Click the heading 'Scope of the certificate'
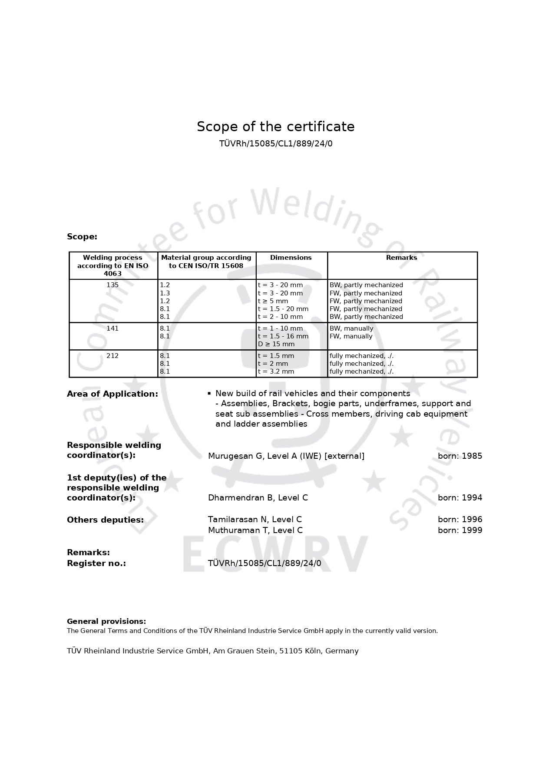point(275,126)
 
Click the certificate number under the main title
point(275,143)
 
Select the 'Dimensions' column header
point(291,258)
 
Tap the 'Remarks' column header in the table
point(401,258)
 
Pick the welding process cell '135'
point(112,285)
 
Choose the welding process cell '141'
point(112,328)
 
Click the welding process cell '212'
point(112,356)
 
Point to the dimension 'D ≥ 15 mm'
point(276,344)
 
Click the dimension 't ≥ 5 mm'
point(273,301)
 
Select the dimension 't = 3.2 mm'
point(276,371)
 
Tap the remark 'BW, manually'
point(351,328)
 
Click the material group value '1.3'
point(165,293)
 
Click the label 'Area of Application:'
point(112,394)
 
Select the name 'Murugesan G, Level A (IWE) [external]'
point(286,456)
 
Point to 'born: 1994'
point(460,498)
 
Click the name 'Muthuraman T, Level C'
point(255,530)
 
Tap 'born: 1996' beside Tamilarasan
point(460,520)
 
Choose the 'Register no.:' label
point(96,563)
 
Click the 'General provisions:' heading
point(106,622)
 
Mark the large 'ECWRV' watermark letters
point(275,553)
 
